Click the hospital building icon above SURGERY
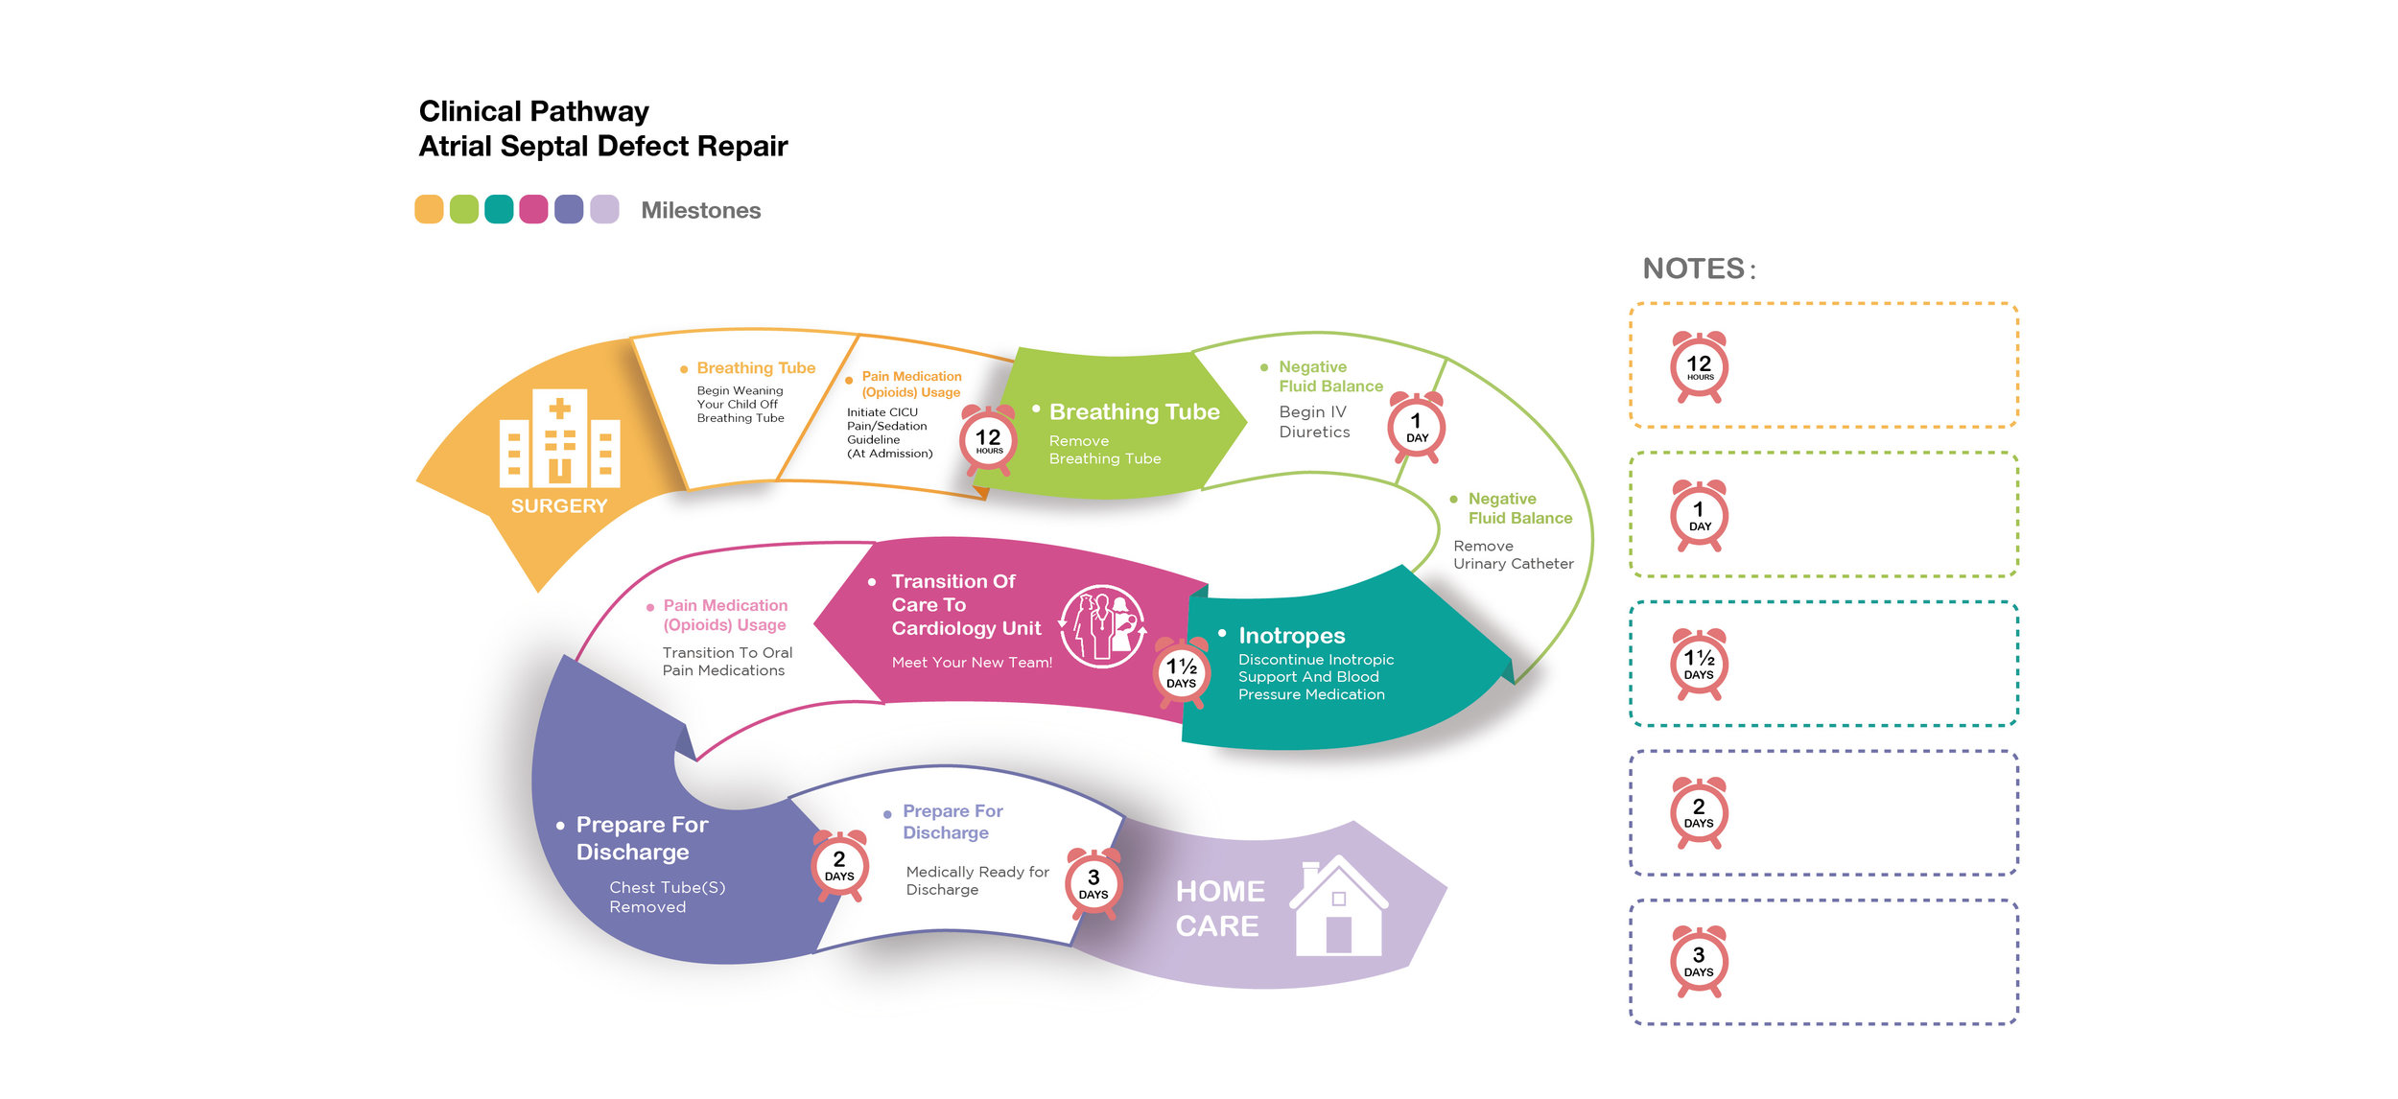point(559,438)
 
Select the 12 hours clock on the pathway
point(988,440)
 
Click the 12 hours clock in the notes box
point(1699,367)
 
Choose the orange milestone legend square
point(429,209)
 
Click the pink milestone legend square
point(533,209)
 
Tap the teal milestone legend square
point(499,209)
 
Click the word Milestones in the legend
point(700,211)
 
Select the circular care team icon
point(1103,626)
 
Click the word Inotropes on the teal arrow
point(1291,636)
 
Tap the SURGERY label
point(559,506)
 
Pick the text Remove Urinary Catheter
point(1513,554)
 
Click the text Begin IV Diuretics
point(1314,422)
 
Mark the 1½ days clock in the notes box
point(1699,664)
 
